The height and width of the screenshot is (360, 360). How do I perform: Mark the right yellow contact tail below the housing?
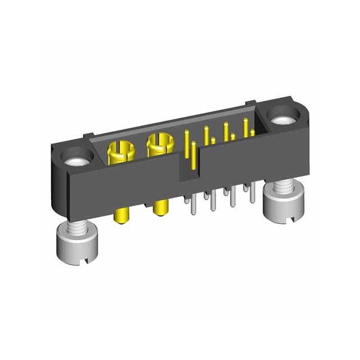161,208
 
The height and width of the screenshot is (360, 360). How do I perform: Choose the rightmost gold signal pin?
245,127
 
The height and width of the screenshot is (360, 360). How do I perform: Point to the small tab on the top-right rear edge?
255,103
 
